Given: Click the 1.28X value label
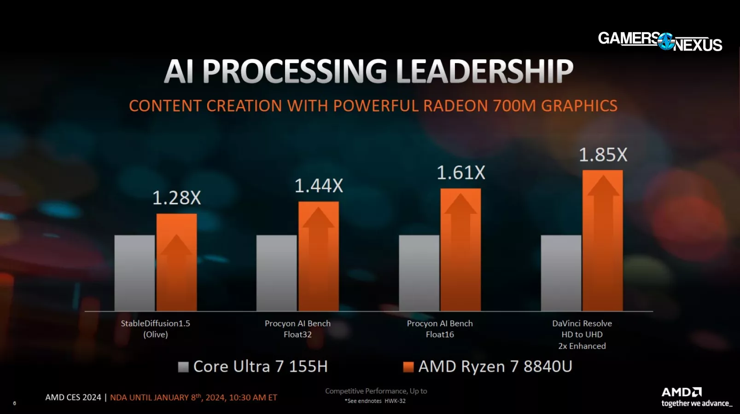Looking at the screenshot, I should click(176, 198).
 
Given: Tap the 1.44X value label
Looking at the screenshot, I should click(319, 186).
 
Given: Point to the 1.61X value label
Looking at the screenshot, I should click(460, 173).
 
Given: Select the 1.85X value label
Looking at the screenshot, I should click(603, 155).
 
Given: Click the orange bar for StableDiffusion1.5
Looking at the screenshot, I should click(176, 262).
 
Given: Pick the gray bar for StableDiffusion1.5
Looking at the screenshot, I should click(134, 273).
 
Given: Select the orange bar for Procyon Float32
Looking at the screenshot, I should click(319, 256).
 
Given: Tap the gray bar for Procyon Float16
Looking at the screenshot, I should click(419, 273).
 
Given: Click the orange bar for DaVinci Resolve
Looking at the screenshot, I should click(602, 241).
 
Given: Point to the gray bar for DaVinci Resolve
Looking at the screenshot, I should click(561, 273).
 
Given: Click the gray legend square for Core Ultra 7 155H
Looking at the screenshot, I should click(183, 367).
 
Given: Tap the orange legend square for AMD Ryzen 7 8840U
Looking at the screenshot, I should click(408, 367).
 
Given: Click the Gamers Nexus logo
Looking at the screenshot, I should click(659, 41).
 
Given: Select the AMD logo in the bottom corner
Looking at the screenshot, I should click(682, 392).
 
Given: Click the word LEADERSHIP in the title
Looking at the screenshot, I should click(484, 72).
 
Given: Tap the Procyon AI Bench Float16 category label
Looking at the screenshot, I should click(440, 329).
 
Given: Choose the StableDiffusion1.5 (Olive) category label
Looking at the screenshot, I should click(155, 329).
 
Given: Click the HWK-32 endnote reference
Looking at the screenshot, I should click(395, 401).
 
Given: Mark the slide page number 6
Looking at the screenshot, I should click(14, 403).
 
